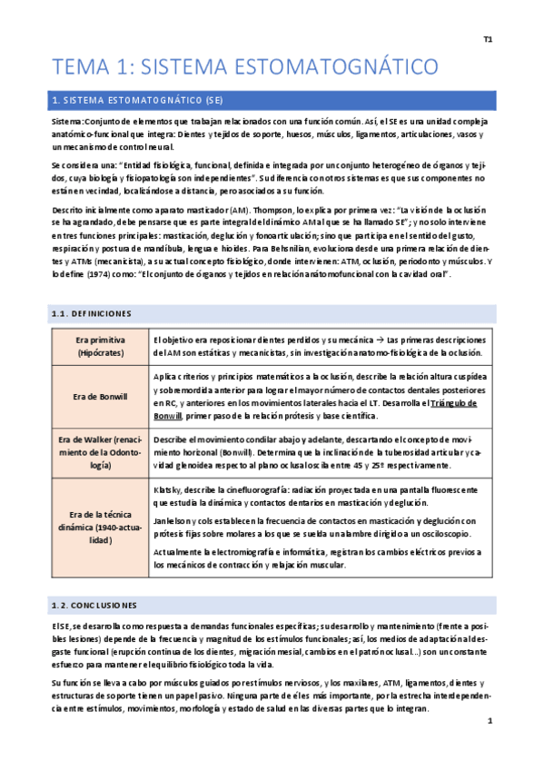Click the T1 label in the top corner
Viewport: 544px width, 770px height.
pyautogui.click(x=487, y=40)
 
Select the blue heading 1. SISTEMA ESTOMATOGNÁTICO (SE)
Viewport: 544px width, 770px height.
pyautogui.click(x=138, y=98)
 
